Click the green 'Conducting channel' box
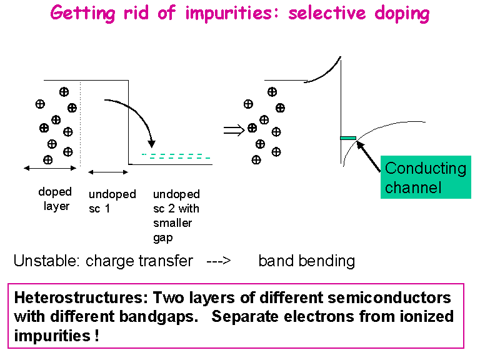(425, 177)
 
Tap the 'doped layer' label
(55, 199)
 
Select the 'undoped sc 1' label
(112, 201)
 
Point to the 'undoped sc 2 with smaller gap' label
(176, 216)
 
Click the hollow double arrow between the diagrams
(233, 130)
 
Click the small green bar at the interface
(348, 138)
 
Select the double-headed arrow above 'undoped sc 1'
(107, 171)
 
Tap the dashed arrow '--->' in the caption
(219, 261)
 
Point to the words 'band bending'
(306, 261)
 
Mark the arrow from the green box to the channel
(369, 157)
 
